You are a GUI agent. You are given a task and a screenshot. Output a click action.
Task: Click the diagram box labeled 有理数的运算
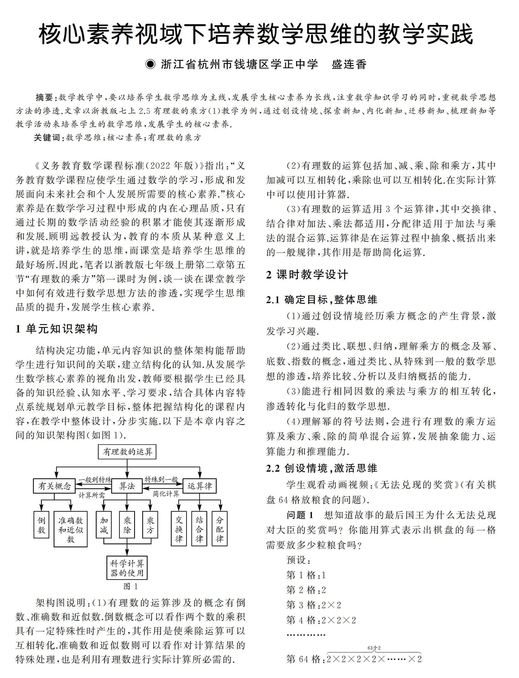tap(127, 452)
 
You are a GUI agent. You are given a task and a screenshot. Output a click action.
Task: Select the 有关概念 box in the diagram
tap(54, 486)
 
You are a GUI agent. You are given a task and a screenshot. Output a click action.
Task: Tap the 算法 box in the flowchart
tap(127, 486)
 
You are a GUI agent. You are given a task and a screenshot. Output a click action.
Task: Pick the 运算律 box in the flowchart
tap(200, 486)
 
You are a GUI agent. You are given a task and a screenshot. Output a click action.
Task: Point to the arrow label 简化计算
tap(166, 494)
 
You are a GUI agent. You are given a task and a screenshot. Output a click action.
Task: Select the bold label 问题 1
tap(300, 515)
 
